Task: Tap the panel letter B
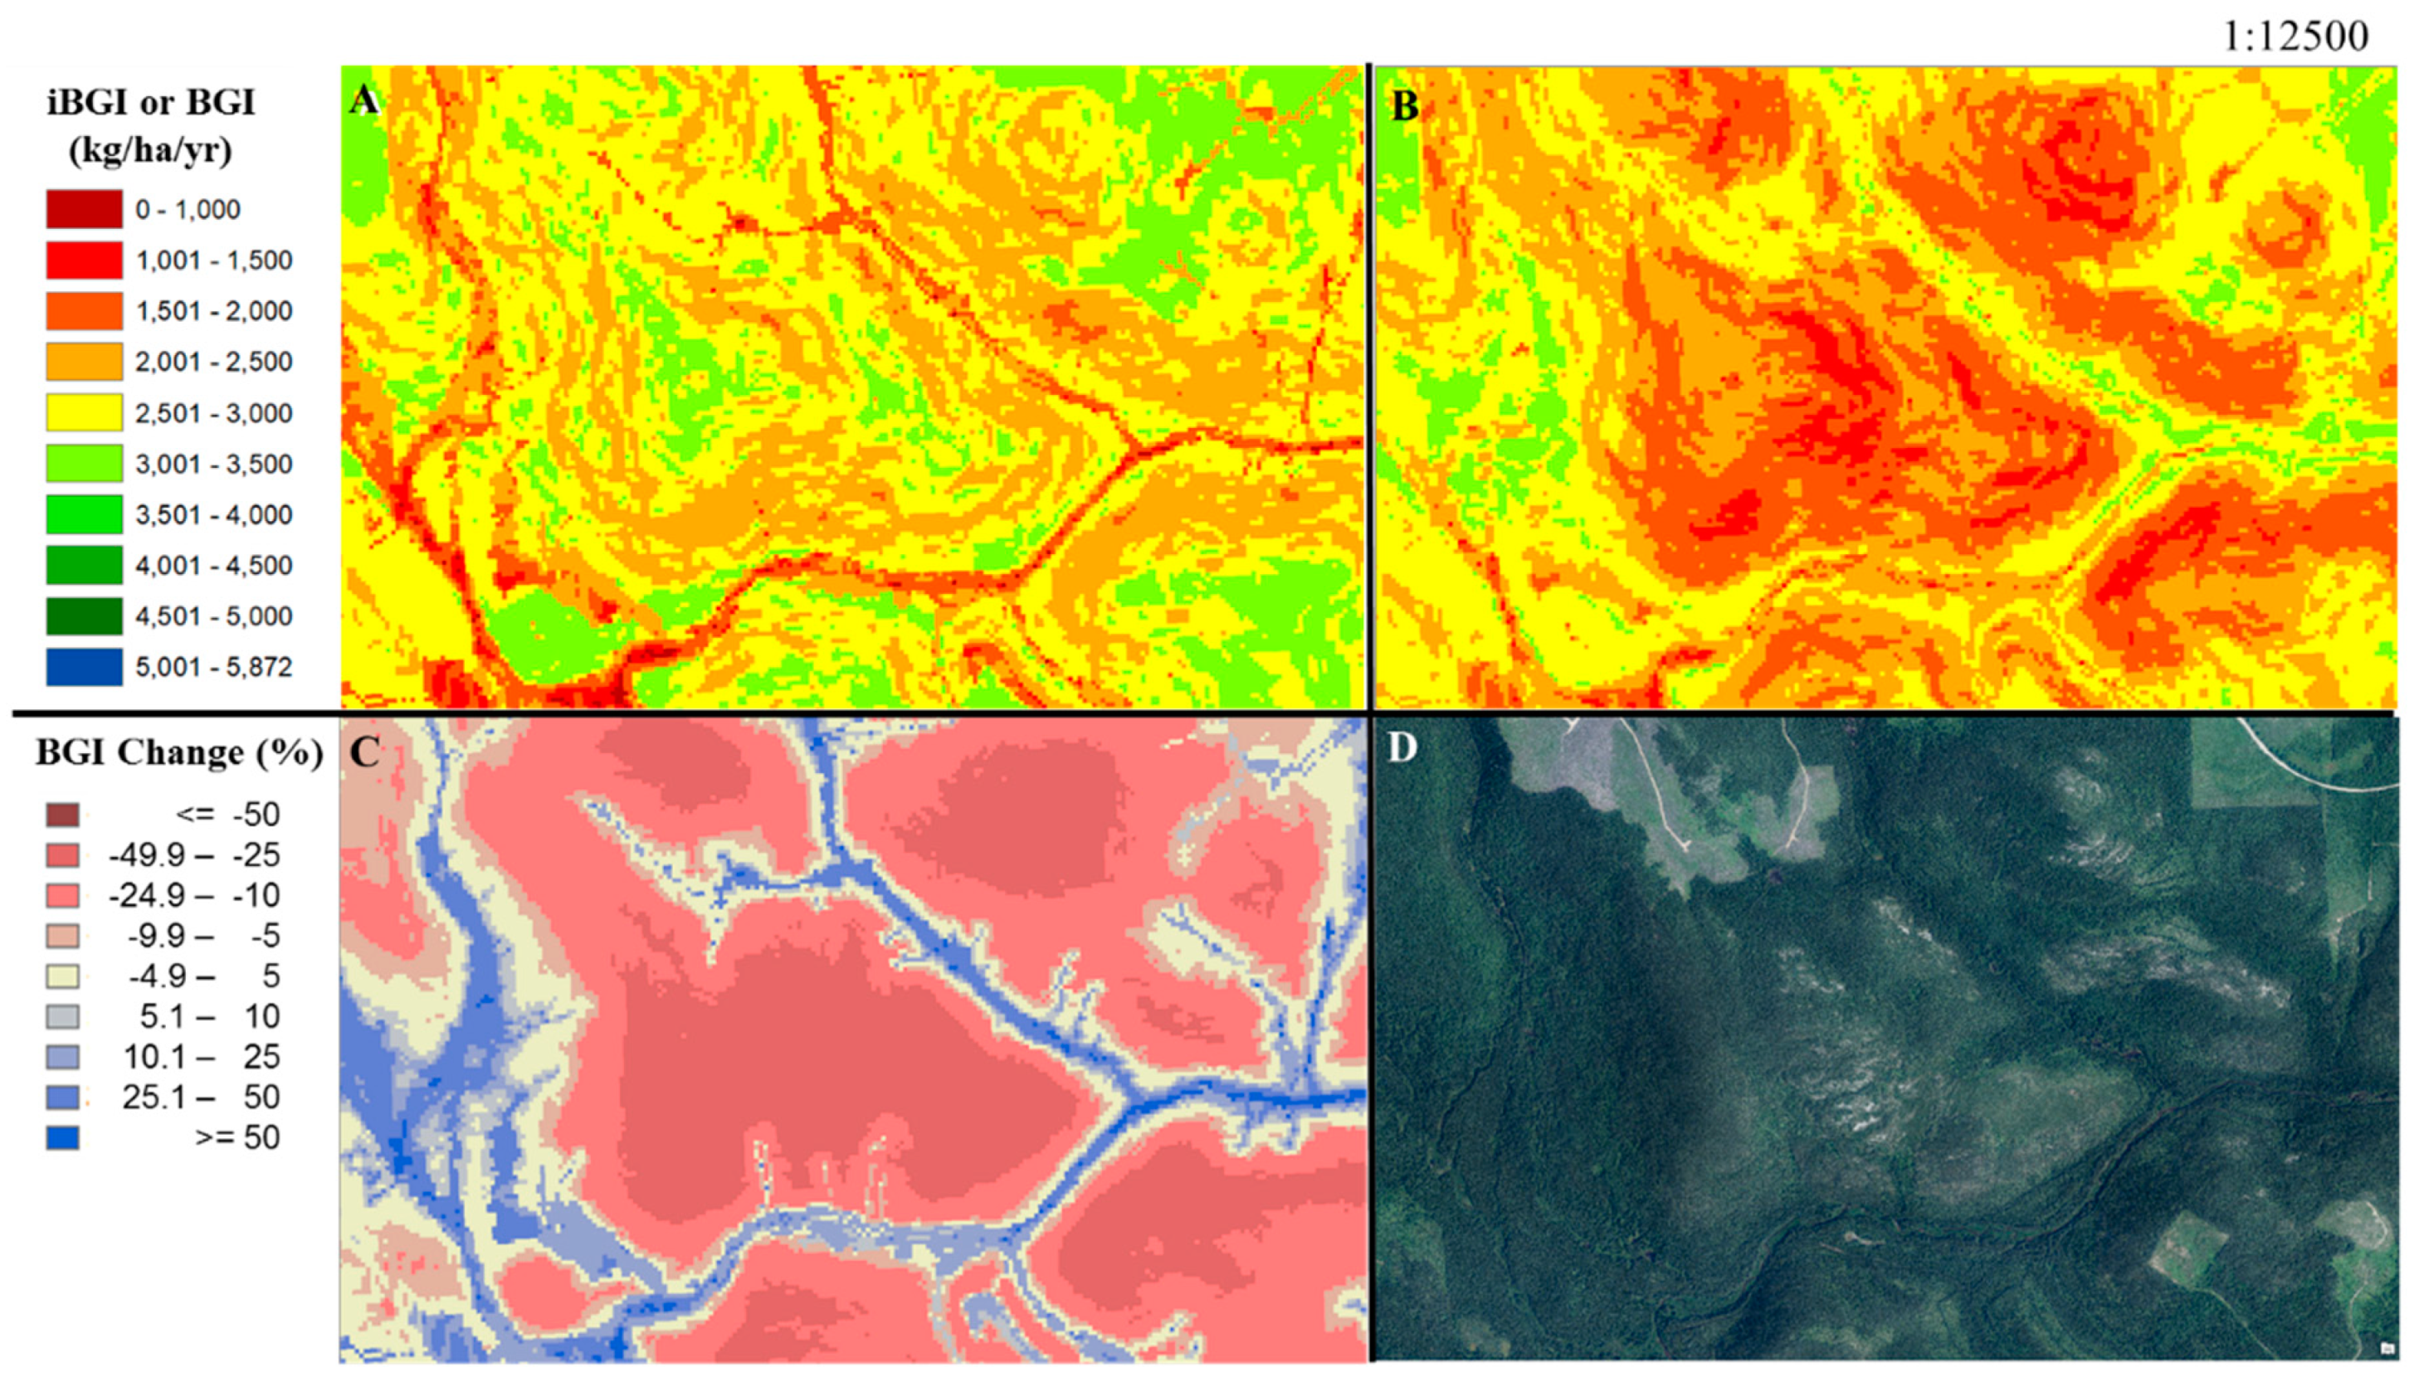pyautogui.click(x=1404, y=105)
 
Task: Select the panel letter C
pyautogui.click(x=364, y=752)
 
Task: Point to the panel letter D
pyautogui.click(x=1402, y=747)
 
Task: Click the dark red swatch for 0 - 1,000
pyautogui.click(x=84, y=208)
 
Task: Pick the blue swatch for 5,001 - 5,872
pyautogui.click(x=84, y=667)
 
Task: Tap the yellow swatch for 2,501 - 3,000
pyautogui.click(x=84, y=412)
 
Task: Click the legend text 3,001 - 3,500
pyautogui.click(x=213, y=464)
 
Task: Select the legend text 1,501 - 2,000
pyautogui.click(x=213, y=310)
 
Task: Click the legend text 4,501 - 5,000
pyautogui.click(x=213, y=616)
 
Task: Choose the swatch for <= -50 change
pyautogui.click(x=63, y=815)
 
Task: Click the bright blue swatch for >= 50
pyautogui.click(x=63, y=1137)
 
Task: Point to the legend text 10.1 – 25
pyautogui.click(x=201, y=1057)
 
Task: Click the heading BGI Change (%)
pyautogui.click(x=179, y=752)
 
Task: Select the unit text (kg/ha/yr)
pyautogui.click(x=150, y=150)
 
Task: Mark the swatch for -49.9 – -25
pyautogui.click(x=63, y=855)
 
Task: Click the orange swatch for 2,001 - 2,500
pyautogui.click(x=84, y=362)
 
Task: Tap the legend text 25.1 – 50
pyautogui.click(x=200, y=1097)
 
